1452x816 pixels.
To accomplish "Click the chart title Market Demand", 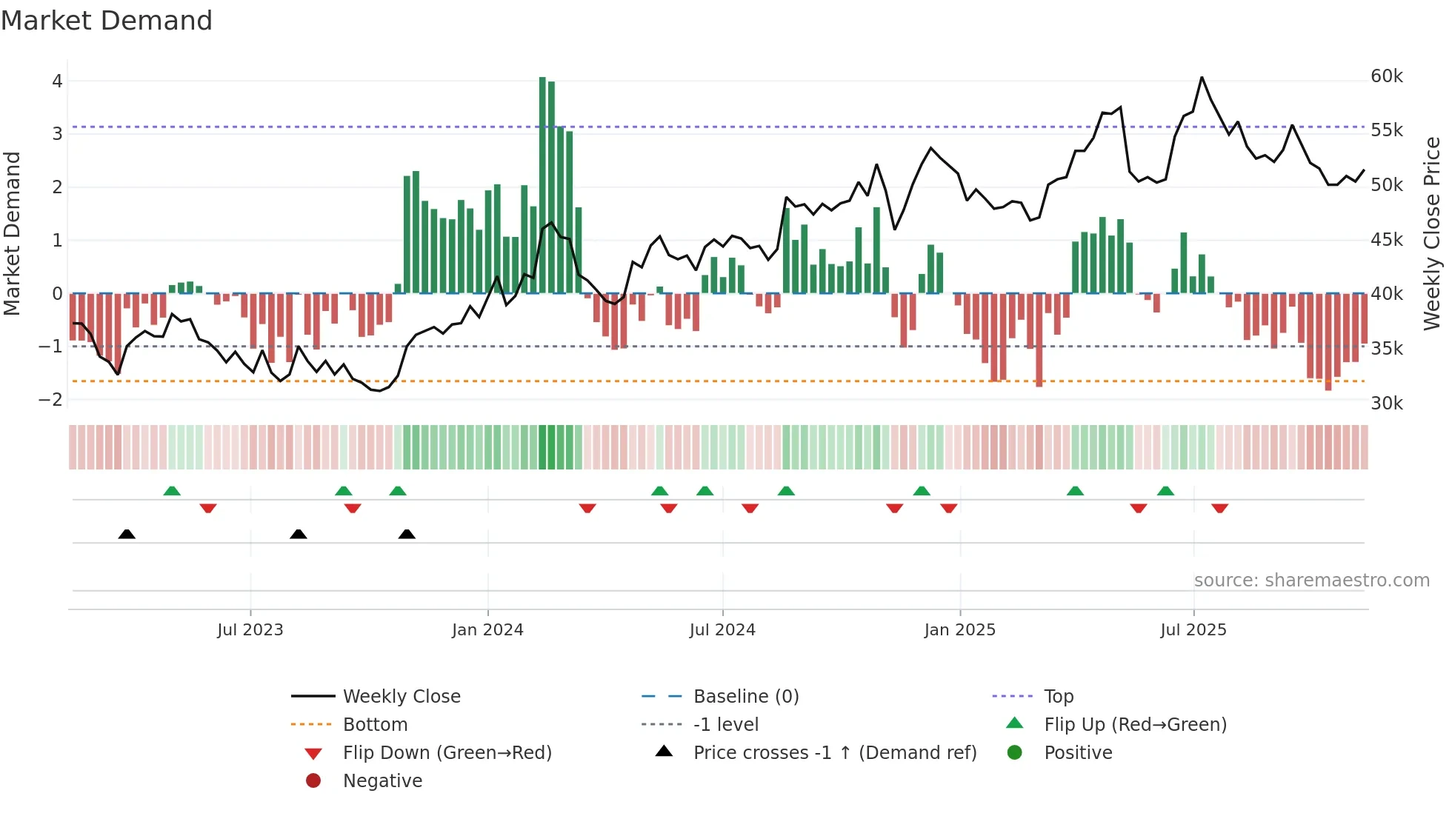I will tap(107, 21).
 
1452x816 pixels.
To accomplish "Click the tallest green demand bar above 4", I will tap(542, 185).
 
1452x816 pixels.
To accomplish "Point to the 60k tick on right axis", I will tap(1386, 76).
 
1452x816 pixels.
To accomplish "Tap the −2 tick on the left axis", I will tap(50, 400).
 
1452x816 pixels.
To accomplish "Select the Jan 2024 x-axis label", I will tap(487, 630).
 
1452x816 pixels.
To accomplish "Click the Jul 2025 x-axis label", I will tap(1193, 630).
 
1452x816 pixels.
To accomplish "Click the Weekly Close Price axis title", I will tap(1431, 233).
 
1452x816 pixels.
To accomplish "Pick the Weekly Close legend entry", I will tap(402, 697).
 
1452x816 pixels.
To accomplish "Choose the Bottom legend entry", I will tap(375, 725).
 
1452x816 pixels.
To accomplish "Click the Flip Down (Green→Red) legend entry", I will tap(447, 753).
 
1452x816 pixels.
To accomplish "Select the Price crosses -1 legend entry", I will tap(835, 753).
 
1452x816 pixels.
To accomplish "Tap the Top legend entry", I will tap(1059, 697).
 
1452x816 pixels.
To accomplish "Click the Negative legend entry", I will tap(382, 781).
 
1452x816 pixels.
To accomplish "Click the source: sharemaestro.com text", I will tap(1311, 581).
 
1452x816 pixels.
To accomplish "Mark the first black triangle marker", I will tap(127, 534).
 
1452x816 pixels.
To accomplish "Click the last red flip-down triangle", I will tap(1220, 508).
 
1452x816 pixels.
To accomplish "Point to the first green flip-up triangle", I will tap(172, 491).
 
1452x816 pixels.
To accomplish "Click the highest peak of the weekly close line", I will tap(1202, 77).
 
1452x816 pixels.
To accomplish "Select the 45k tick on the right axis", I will tap(1386, 240).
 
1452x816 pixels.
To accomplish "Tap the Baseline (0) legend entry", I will tap(746, 697).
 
